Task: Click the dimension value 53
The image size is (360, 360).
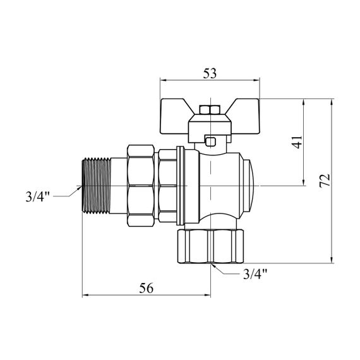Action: coord(210,74)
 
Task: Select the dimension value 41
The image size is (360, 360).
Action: coord(298,142)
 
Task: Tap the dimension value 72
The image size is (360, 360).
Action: coord(325,181)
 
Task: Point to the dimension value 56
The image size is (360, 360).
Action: coord(147,288)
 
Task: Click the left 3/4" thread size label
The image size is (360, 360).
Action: coord(38,197)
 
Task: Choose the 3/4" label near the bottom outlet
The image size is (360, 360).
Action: coord(255,274)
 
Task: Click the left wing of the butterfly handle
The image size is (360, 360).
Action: coord(175,116)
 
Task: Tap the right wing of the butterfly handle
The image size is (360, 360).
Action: coord(245,116)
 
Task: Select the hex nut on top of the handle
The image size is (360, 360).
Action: coord(210,110)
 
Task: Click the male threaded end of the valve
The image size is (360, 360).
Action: coord(97,186)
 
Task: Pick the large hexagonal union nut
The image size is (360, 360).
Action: coord(140,186)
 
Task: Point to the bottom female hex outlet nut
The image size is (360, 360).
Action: coord(210,246)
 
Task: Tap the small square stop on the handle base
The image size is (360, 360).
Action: coord(210,141)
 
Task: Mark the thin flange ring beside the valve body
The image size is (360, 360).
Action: coord(181,186)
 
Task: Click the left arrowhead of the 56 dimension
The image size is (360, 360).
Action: coord(85,295)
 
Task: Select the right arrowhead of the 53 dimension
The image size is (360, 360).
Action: coord(256,80)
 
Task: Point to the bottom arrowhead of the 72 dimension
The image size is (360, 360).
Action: coord(332,260)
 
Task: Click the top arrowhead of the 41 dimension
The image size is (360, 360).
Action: coord(304,102)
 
